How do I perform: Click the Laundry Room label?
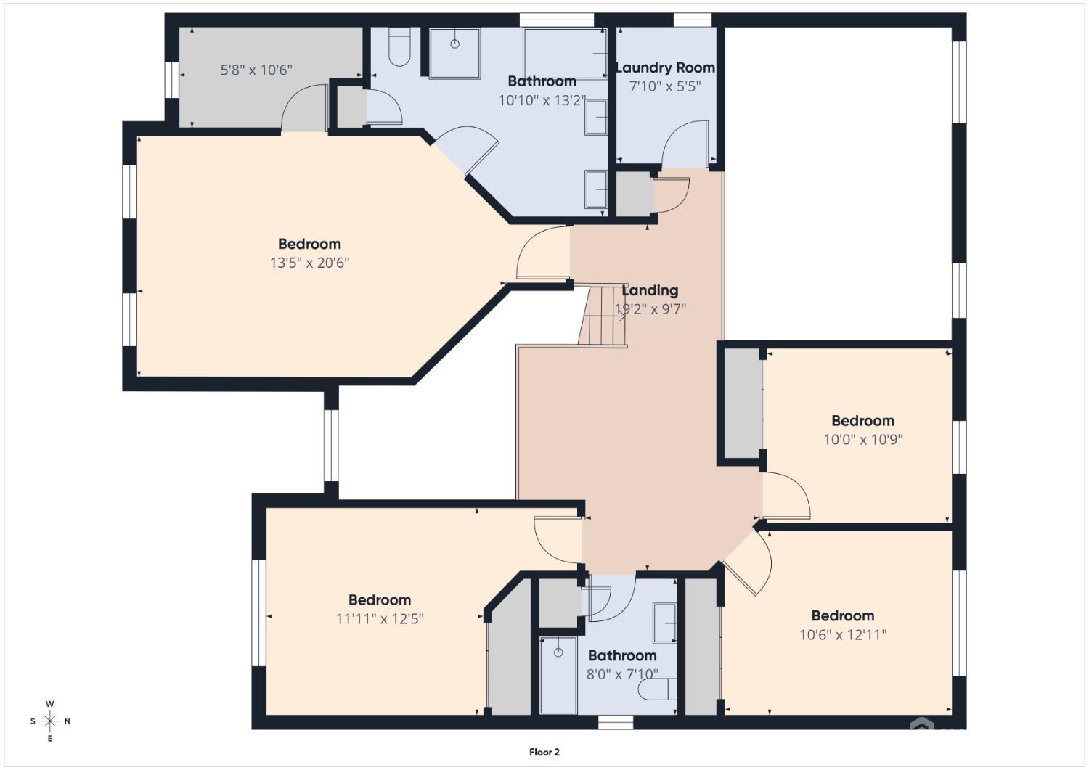(665, 67)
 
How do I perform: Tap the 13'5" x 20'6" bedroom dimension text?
(310, 263)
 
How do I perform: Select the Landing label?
(650, 290)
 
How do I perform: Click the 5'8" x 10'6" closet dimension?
(256, 70)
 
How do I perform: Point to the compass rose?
(50, 721)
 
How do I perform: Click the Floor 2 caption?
(544, 752)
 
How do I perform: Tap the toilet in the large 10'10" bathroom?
(399, 46)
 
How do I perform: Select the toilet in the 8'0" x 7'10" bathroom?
(657, 689)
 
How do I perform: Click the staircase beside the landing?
(603, 316)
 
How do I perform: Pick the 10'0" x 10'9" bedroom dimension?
(863, 440)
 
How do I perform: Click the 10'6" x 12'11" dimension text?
(843, 635)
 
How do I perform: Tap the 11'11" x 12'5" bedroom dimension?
(380, 619)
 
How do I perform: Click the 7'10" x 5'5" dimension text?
(665, 86)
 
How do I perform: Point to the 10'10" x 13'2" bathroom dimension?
(542, 101)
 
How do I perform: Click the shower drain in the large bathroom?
(454, 44)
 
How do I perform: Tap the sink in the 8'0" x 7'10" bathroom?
(664, 623)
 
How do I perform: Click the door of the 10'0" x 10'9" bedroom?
(786, 496)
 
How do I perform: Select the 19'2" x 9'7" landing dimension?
(650, 308)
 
